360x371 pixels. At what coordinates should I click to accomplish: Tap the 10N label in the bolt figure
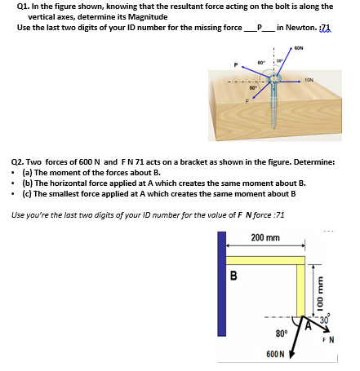309,80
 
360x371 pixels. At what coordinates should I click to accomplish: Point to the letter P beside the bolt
236,65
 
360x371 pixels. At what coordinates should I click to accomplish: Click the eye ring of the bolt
274,78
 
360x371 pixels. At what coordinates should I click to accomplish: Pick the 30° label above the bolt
279,60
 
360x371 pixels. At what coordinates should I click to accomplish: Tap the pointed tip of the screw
275,129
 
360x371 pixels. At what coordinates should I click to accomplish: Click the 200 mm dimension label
265,238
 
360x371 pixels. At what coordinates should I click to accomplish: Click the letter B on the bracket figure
233,276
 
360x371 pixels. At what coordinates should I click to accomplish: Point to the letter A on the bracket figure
308,325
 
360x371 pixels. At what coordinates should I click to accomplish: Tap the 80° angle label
281,333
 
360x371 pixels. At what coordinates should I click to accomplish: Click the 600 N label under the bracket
275,354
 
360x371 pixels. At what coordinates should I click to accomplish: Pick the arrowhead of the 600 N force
291,355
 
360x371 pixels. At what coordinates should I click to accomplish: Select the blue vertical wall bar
222,284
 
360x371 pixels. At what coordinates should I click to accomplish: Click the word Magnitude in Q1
148,17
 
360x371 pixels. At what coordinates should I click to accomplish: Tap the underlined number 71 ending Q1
326,28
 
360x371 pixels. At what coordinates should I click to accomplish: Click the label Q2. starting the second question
18,162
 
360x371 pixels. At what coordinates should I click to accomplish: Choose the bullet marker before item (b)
12,183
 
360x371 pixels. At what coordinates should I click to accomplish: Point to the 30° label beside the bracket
325,320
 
